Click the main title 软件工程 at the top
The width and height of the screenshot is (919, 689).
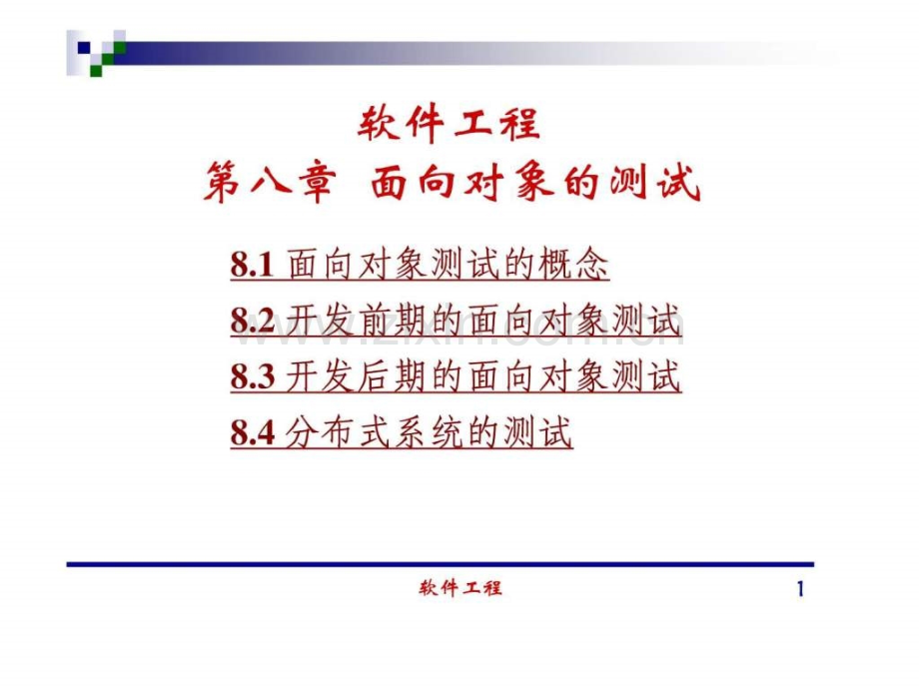449,124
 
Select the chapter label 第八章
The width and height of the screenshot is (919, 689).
270,182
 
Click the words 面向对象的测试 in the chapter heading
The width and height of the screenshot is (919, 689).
535,182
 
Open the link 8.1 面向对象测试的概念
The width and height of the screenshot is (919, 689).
420,265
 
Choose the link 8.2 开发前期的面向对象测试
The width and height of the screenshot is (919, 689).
456,321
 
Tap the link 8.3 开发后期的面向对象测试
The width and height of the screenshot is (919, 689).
456,376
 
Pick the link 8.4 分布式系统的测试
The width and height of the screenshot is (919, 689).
402,432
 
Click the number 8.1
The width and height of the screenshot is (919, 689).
252,265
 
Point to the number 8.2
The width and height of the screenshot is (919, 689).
252,322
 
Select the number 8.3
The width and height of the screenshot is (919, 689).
252,376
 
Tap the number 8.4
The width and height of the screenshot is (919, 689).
252,433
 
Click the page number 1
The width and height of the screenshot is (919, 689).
800,589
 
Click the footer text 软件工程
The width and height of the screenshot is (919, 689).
460,587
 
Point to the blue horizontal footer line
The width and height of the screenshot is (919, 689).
441,564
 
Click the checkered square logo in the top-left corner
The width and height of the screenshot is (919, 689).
96,53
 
